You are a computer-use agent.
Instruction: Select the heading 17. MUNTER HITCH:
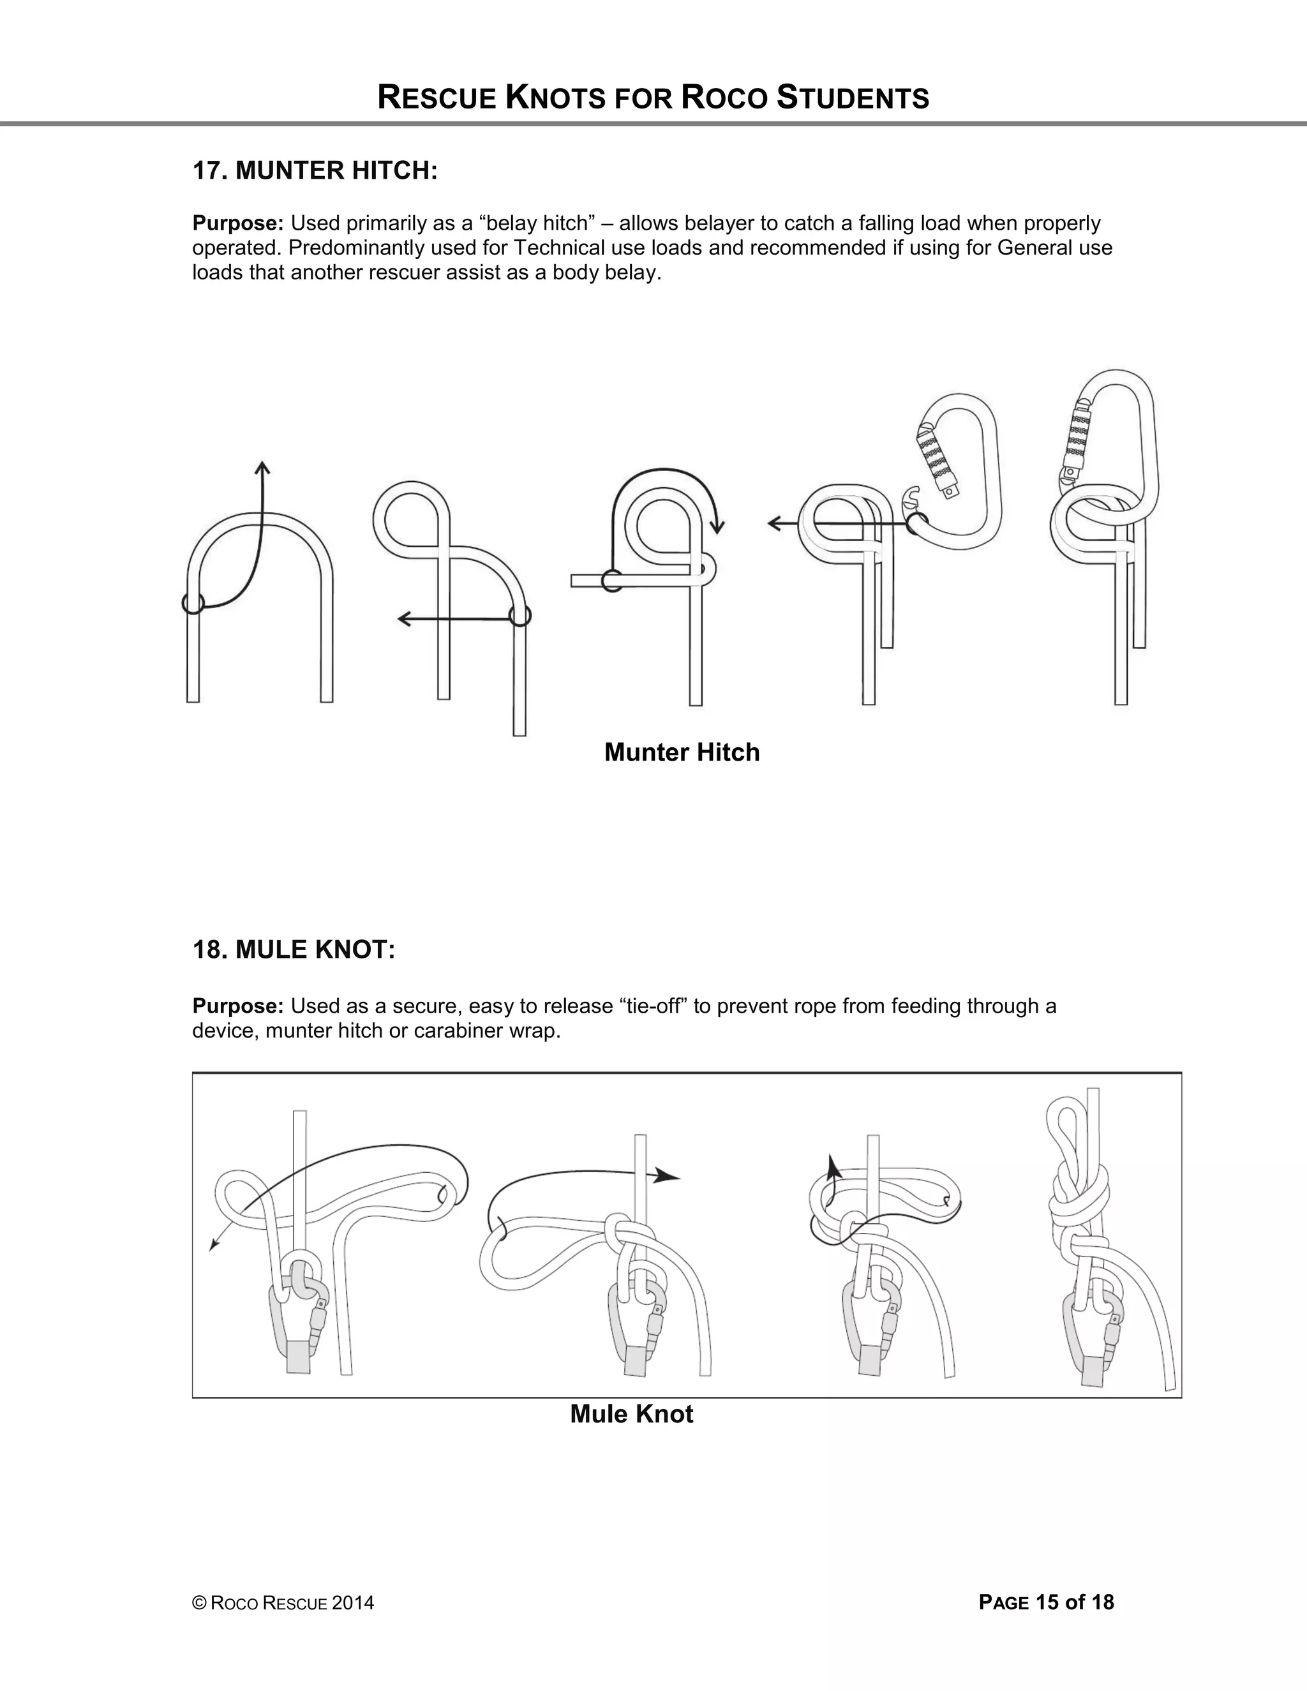pos(315,170)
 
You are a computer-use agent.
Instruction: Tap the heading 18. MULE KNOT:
pos(294,950)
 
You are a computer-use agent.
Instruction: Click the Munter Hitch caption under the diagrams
pos(682,752)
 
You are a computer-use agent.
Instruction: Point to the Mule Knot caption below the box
pos(631,1414)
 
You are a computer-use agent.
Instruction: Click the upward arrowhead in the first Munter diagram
pos(262,467)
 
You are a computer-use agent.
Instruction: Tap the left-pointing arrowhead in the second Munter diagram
pos(404,618)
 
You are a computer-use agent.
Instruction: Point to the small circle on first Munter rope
pos(193,602)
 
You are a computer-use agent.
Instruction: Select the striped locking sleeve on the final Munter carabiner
pos(1075,433)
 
